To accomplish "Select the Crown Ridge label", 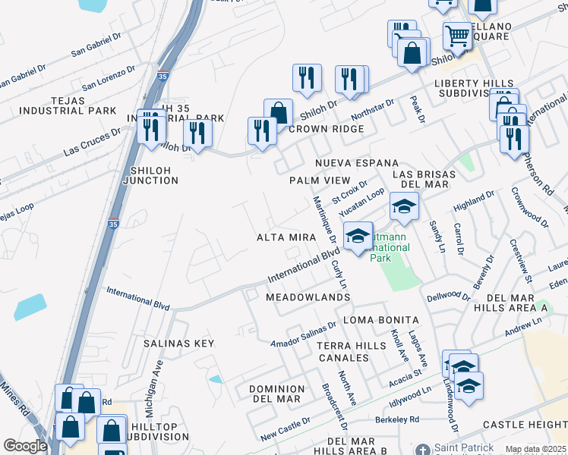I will (x=326, y=129).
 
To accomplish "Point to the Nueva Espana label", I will (x=357, y=163).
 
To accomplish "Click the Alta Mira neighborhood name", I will (x=286, y=237).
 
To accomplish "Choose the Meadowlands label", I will (x=308, y=298).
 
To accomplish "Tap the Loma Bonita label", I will (x=381, y=319).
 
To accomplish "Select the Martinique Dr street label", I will (x=324, y=220).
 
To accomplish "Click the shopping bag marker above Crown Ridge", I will (x=278, y=113).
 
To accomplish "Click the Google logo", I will (x=25, y=446).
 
